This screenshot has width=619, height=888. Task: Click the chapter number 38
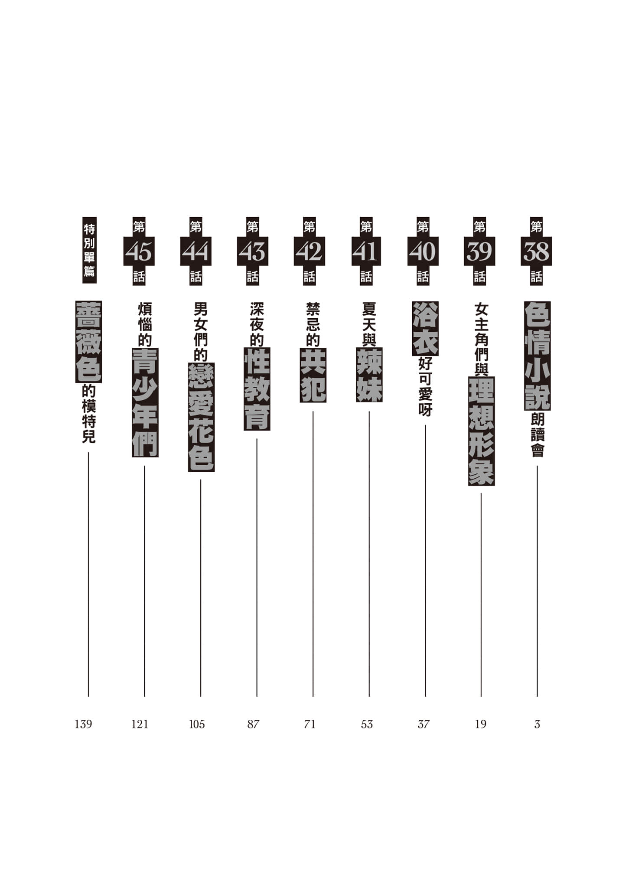point(536,251)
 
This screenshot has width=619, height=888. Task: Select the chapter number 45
point(139,251)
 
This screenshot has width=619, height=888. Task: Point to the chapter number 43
point(253,251)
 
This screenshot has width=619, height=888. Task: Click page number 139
point(83,724)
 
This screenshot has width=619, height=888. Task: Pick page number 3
point(537,724)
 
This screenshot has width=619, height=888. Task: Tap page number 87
point(253,724)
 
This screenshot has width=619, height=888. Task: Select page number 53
point(367,724)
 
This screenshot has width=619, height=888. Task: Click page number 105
point(197,724)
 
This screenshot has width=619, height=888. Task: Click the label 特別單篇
point(89,250)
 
